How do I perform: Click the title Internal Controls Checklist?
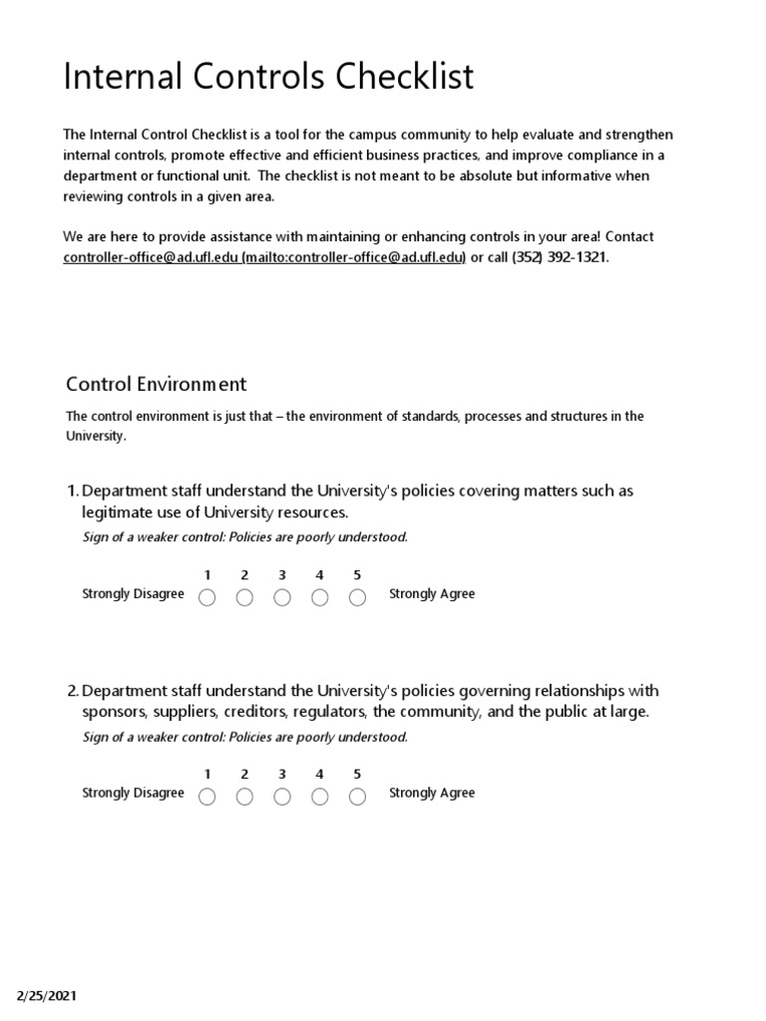[268, 77]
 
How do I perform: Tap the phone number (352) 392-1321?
[559, 257]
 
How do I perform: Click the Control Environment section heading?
[156, 384]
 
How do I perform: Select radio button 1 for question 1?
[207, 597]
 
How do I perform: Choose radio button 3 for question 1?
[282, 597]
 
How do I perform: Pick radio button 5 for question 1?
[357, 597]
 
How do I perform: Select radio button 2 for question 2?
[244, 797]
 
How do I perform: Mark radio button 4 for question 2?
[320, 797]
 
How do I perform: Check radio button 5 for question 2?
[357, 797]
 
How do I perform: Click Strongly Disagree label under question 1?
[133, 594]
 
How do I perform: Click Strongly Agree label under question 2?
[432, 794]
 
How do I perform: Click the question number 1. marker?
[72, 491]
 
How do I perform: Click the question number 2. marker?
[72, 691]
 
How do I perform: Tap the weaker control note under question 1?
[244, 537]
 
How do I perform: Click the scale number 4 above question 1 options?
[319, 575]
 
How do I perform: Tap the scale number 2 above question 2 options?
[244, 775]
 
